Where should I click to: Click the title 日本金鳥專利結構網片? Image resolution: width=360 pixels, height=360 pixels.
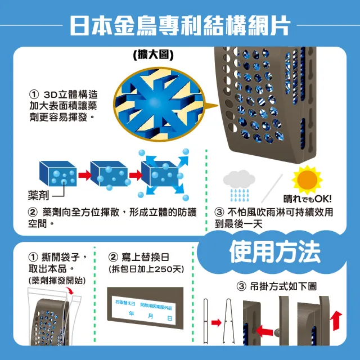pos(180,25)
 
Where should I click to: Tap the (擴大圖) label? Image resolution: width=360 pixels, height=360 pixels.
pos(153,55)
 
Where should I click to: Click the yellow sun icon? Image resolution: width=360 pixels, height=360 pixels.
pos(307,180)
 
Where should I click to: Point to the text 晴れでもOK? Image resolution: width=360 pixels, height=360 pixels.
pos(308,199)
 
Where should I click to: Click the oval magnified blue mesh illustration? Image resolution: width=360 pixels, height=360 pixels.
pos(159,104)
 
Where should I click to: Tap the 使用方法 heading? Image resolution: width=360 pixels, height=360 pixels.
pos(274,251)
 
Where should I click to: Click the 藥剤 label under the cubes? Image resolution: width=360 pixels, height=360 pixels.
pos(38,195)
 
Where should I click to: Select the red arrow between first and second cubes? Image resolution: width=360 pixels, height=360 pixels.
pos(85,175)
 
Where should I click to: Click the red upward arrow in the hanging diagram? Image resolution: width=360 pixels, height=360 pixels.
pos(336,321)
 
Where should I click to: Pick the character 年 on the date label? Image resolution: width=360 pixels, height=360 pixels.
pos(131,313)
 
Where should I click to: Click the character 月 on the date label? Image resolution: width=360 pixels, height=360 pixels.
pos(150,316)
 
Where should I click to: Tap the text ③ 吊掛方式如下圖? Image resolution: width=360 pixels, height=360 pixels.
pos(277,286)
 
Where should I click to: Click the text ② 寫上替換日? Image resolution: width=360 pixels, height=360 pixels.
pos(138,257)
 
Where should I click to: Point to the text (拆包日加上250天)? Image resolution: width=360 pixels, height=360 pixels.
pos(146,269)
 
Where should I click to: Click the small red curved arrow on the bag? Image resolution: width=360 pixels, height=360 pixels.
pos(70,290)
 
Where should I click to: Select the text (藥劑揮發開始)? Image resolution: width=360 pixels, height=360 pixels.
pos(57,280)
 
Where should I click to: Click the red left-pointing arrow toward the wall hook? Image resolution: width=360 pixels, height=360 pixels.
pos(264,331)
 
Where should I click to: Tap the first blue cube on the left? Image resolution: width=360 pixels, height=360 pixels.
pos(58,174)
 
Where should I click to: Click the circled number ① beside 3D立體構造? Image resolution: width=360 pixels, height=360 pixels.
pos(34,94)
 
